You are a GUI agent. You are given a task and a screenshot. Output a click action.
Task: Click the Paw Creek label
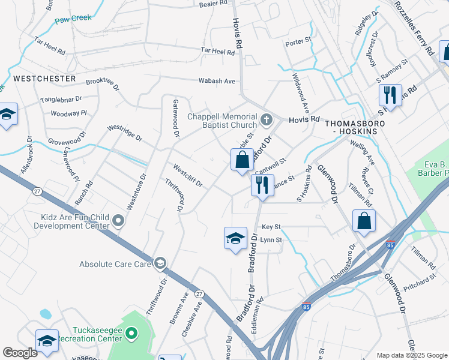pyautogui.click(x=74, y=19)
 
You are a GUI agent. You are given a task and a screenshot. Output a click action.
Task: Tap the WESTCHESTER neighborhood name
pyautogui.click(x=44, y=79)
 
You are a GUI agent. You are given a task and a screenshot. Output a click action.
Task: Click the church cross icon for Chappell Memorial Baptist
pyautogui.click(x=268, y=118)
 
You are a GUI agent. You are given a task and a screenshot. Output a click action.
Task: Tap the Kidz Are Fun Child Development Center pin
pyautogui.click(x=118, y=221)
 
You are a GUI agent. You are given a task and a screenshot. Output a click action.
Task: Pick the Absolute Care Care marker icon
pyautogui.click(x=160, y=263)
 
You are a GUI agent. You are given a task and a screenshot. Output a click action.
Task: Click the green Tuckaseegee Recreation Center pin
pyautogui.click(x=133, y=335)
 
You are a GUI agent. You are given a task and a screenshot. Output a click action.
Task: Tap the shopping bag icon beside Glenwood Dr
pyautogui.click(x=364, y=221)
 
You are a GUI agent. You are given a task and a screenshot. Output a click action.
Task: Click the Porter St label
pyautogui.click(x=298, y=41)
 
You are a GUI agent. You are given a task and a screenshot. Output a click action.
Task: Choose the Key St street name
pyautogui.click(x=271, y=227)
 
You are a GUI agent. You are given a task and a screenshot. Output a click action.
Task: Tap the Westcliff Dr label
pyautogui.click(x=187, y=175)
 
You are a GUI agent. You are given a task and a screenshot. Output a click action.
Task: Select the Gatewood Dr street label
pyautogui.click(x=176, y=118)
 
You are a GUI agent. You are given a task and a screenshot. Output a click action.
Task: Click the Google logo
pyautogui.click(x=20, y=353)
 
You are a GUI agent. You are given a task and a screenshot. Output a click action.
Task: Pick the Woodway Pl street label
pyautogui.click(x=69, y=113)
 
